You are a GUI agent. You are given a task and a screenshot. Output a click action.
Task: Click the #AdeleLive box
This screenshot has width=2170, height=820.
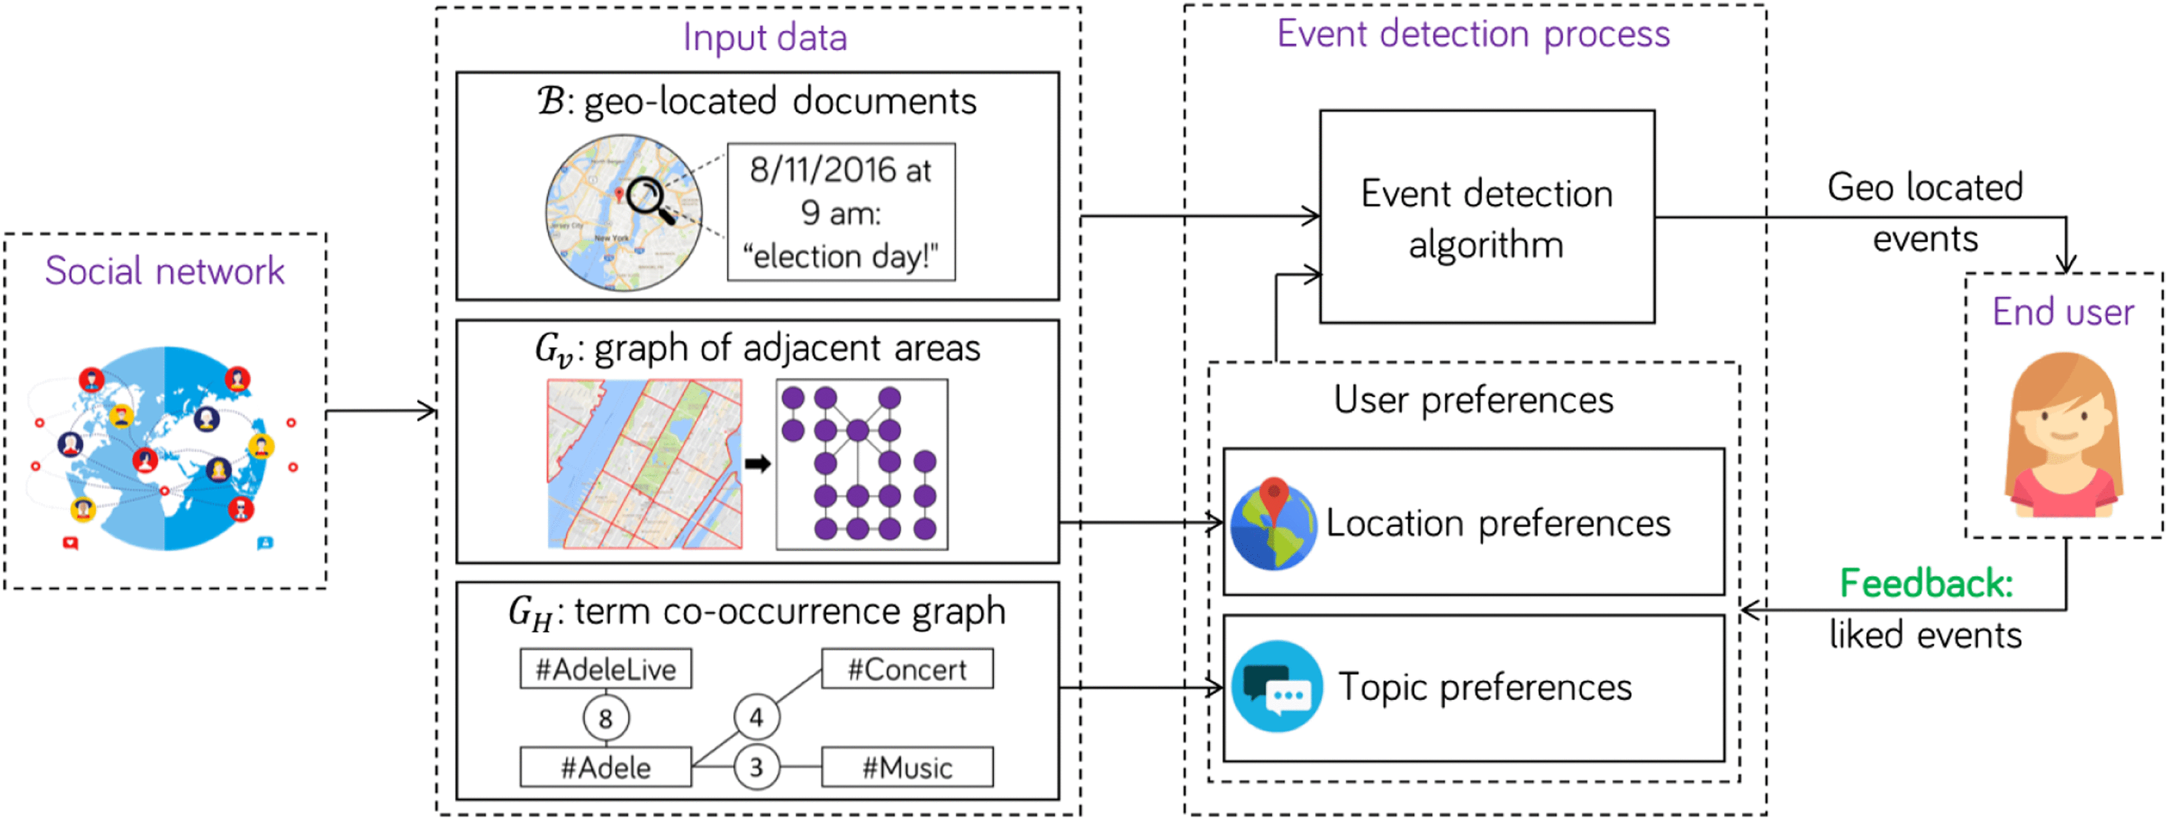606,668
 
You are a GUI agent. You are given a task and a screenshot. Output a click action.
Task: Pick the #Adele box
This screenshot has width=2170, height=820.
606,767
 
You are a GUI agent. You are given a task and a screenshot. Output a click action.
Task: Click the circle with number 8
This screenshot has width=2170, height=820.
606,718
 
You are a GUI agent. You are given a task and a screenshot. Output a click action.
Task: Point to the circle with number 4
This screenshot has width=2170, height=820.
756,717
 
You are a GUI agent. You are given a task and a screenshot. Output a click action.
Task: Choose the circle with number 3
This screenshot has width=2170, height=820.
756,767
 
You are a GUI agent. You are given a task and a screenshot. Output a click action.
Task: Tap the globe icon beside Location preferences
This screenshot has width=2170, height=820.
1273,524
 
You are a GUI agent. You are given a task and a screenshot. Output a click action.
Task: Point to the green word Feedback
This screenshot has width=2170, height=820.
1926,583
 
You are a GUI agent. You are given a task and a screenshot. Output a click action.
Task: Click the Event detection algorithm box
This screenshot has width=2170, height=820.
1487,218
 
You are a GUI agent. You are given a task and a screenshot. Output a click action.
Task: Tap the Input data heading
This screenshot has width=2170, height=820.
765,37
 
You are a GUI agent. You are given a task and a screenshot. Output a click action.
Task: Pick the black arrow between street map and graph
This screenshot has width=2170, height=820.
757,464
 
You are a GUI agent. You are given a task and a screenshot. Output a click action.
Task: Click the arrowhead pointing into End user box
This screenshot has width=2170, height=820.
2065,264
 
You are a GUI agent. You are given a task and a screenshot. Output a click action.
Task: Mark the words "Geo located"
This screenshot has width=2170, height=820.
1925,187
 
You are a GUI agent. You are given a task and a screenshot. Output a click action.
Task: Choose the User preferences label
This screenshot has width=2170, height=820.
1473,399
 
